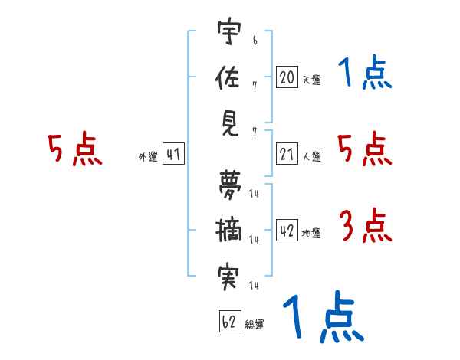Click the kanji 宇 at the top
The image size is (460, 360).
tap(229, 33)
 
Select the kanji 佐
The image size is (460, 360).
tap(230, 78)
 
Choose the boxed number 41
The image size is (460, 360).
tap(173, 155)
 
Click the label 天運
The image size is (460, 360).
tap(311, 79)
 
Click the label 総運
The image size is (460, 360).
tap(255, 325)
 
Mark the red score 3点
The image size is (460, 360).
tap(365, 227)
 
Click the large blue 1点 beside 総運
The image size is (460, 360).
tap(322, 316)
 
